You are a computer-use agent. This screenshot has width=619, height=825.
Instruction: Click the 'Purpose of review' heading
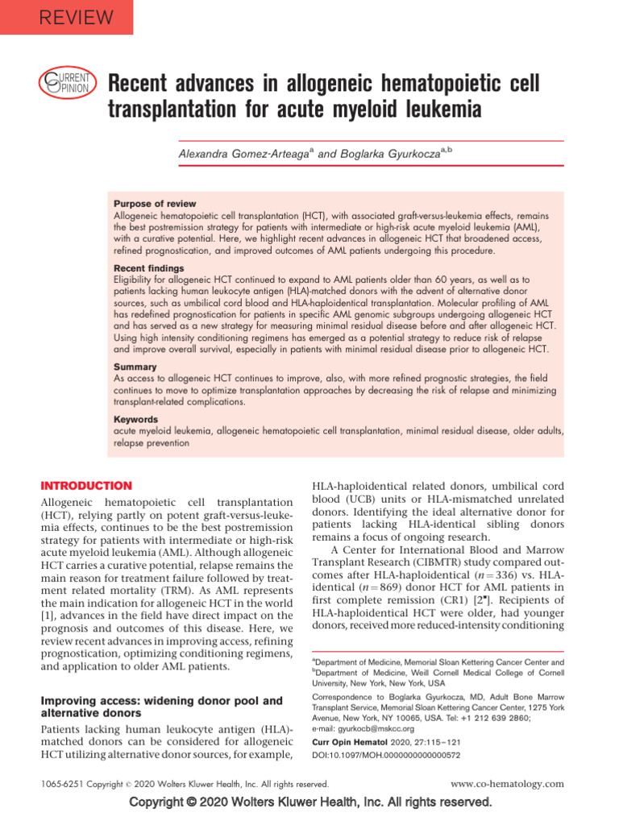tap(155, 204)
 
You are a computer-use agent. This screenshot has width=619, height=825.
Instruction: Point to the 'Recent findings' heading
tap(148, 267)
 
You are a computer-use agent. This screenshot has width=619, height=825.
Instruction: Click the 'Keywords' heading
tap(136, 420)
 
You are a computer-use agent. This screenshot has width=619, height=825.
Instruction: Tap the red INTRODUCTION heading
tap(86, 486)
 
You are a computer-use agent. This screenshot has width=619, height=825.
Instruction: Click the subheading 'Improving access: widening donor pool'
tap(161, 701)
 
